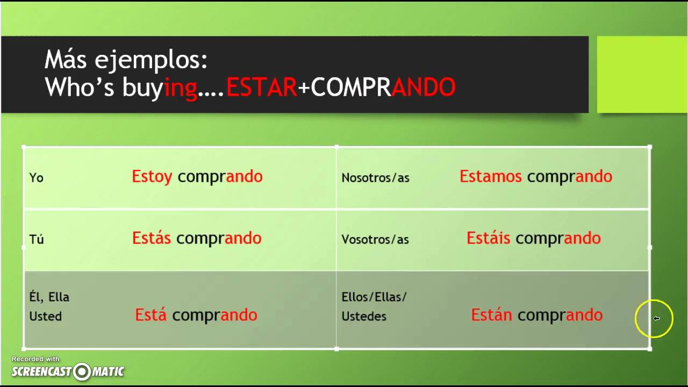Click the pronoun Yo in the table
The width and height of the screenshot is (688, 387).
pos(36,177)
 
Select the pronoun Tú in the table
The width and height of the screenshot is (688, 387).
pos(37,239)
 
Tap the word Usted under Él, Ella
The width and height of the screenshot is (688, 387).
pos(46,316)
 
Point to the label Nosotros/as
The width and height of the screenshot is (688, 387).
pos(375,177)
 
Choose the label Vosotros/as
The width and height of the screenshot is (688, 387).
pos(375,239)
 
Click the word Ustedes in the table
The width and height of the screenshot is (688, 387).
pos(364,316)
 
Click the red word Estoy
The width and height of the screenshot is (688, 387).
pos(152,176)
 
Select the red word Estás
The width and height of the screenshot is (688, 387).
pos(152,238)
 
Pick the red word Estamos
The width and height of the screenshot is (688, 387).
pos(490,176)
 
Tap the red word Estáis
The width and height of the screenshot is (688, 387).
pos(488,238)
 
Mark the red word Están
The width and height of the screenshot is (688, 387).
pos(491,315)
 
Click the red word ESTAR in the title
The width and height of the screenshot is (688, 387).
pos(262,88)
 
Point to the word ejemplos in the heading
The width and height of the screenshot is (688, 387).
pos(151,61)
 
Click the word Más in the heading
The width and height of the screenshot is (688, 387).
pos(66,60)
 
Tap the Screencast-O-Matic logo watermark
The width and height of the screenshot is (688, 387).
pos(68,371)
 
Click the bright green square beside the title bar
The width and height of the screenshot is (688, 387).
pos(642,74)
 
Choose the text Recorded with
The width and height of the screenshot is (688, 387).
pos(35,359)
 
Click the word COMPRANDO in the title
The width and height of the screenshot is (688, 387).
pos(383,88)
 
